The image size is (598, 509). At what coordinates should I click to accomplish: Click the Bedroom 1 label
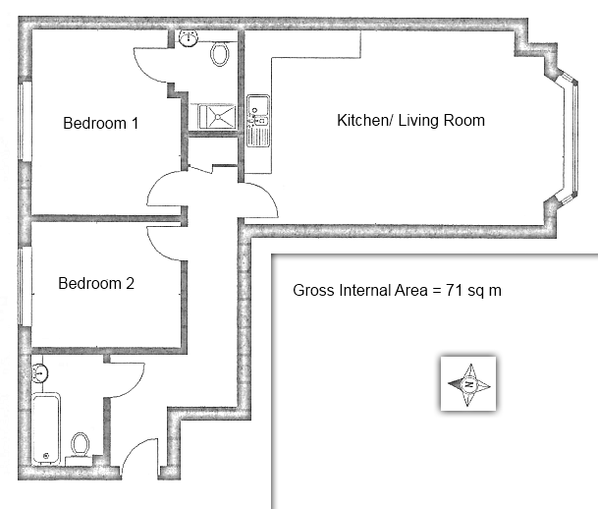pos(101,124)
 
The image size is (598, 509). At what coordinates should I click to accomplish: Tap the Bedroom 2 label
pos(96,284)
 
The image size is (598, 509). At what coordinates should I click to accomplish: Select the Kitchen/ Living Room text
pos(410,121)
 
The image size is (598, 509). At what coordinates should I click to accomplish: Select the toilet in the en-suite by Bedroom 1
pos(221,52)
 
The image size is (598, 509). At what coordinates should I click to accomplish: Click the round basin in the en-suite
pos(190,37)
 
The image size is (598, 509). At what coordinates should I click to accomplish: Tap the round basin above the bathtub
pos(39,373)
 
